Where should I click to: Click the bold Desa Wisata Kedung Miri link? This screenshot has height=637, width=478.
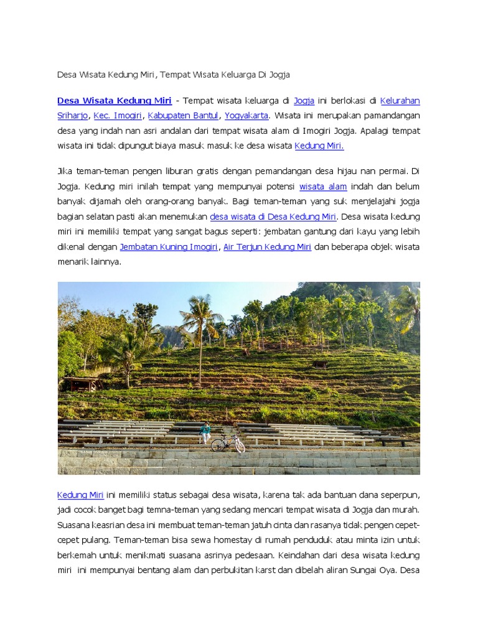(115, 101)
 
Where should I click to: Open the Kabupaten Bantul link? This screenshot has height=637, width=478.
(183, 116)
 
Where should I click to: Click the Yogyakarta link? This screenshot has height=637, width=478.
(246, 116)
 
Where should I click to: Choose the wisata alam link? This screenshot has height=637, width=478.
(323, 187)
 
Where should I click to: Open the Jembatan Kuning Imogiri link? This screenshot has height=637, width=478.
(169, 247)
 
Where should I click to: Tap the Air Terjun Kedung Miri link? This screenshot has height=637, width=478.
(267, 247)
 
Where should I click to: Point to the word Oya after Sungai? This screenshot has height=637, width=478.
(387, 570)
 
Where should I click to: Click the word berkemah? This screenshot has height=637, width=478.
(76, 556)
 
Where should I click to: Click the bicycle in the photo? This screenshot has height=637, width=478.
(228, 444)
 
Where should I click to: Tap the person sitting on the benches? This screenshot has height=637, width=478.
(205, 432)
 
